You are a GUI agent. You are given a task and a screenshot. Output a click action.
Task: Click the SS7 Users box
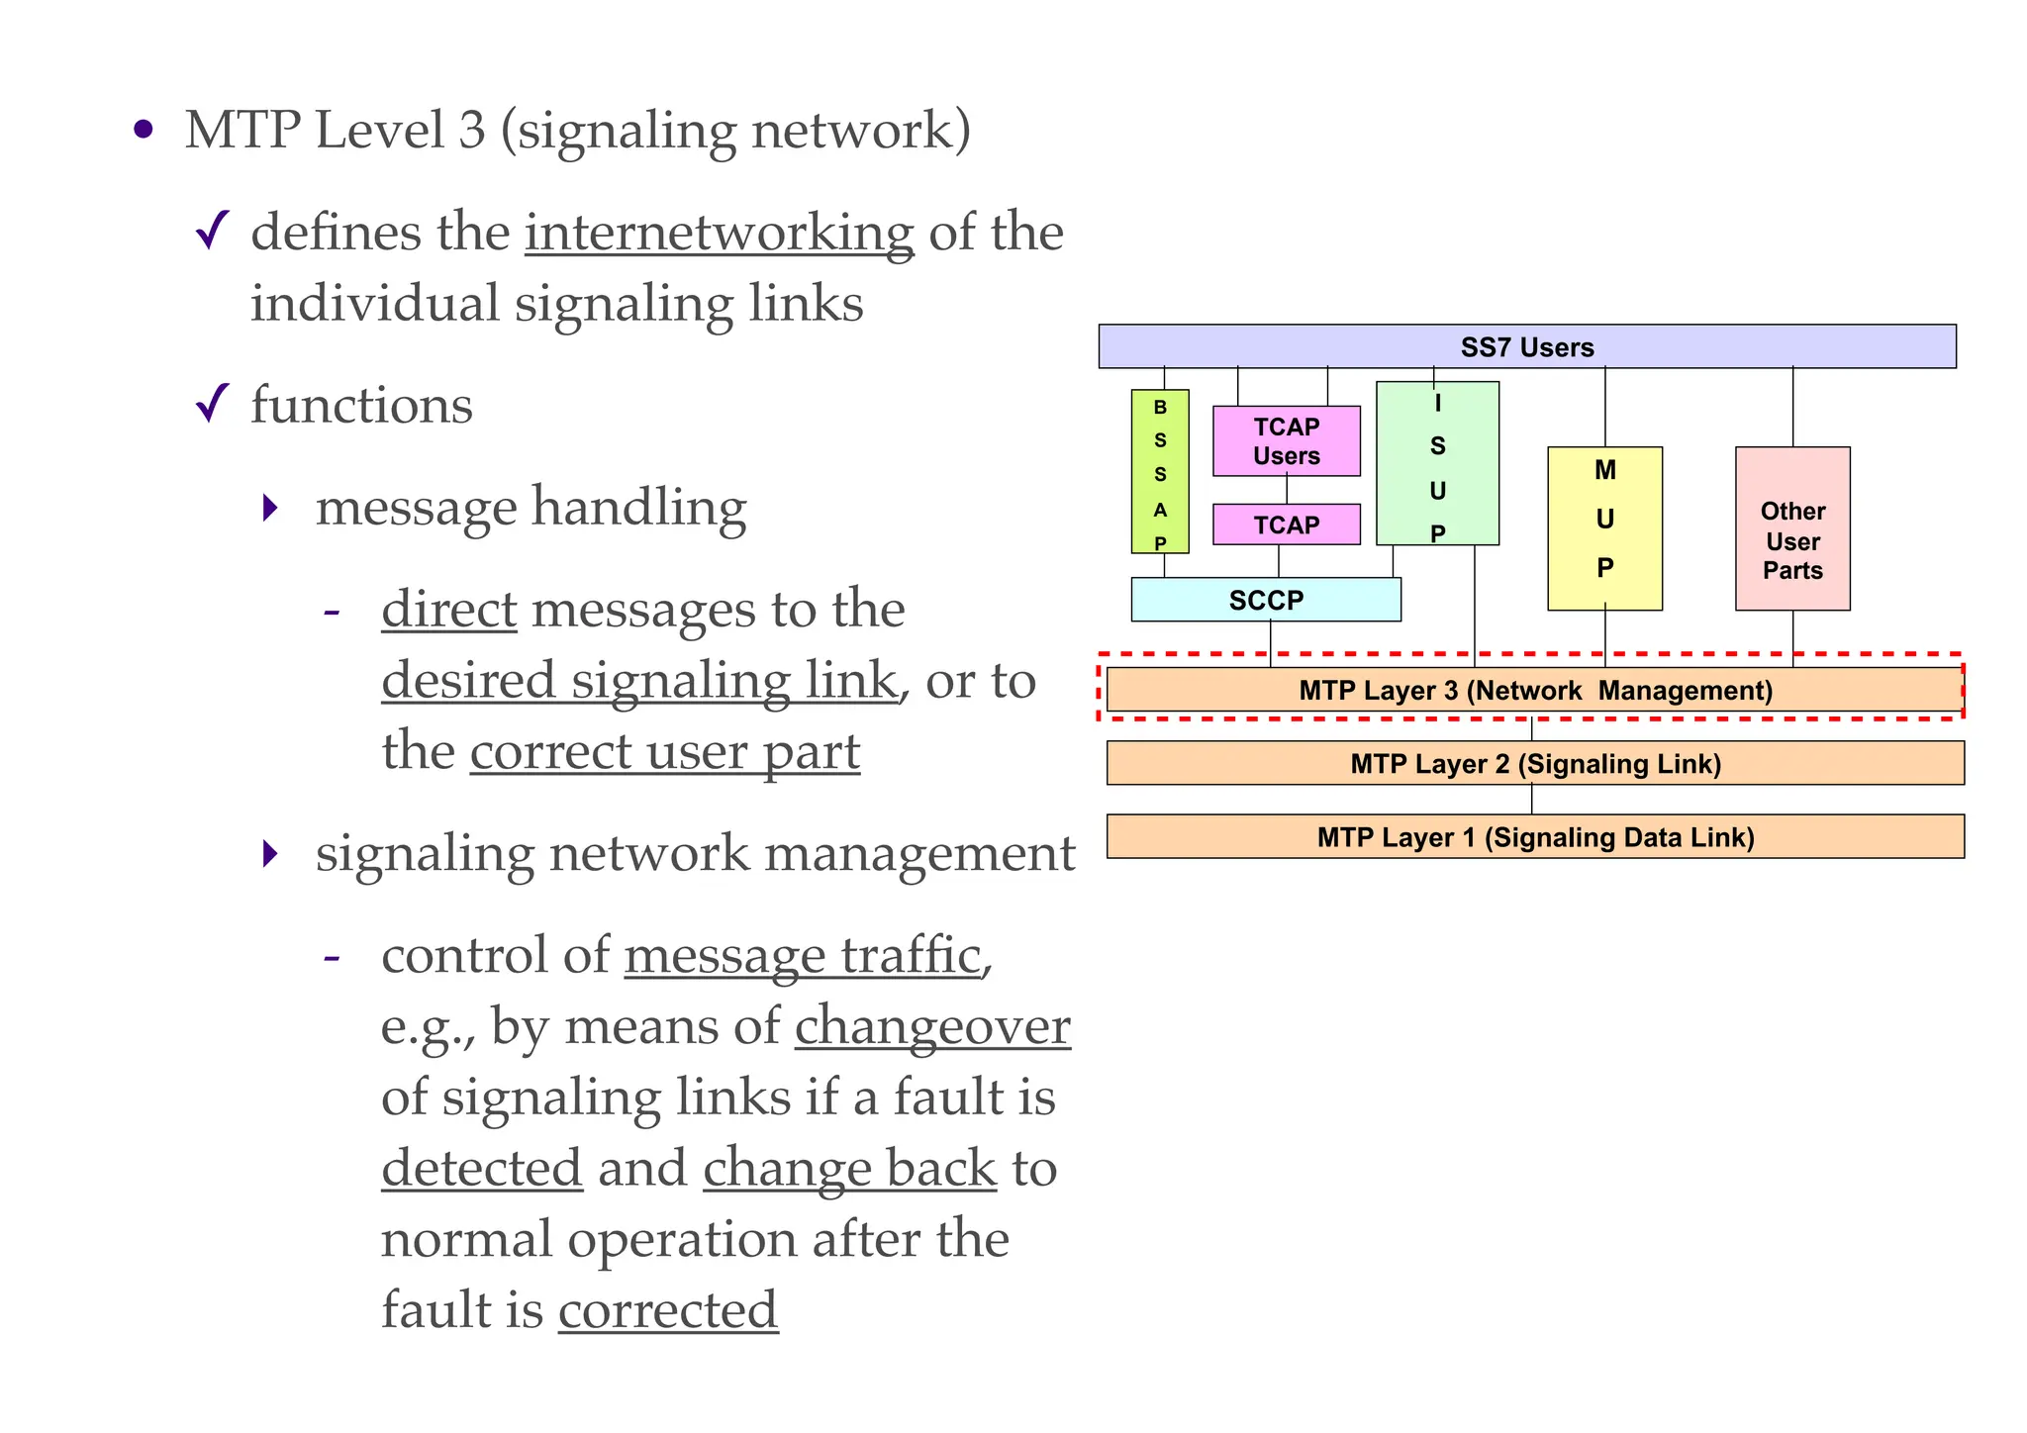tap(1526, 346)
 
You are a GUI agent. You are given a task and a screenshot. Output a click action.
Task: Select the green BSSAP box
tap(1160, 472)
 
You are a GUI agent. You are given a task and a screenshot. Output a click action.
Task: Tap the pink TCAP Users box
tap(1286, 441)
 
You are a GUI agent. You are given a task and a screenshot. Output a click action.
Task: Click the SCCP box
tap(1265, 600)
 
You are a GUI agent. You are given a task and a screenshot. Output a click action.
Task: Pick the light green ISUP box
tap(1437, 464)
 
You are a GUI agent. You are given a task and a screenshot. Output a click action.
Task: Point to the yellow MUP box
tap(1604, 528)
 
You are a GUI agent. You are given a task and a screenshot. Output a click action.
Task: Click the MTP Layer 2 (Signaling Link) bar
tap(1534, 763)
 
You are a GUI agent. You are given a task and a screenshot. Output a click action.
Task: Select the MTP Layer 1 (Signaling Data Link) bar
tap(1534, 837)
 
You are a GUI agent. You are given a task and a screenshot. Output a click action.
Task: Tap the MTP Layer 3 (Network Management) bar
tap(1534, 690)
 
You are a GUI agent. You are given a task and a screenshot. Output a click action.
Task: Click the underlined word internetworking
tap(719, 234)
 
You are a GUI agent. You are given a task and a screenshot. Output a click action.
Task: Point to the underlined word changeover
tap(932, 1026)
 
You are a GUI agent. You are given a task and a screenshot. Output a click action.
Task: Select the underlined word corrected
tap(668, 1310)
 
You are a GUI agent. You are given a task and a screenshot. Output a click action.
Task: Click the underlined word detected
tap(482, 1168)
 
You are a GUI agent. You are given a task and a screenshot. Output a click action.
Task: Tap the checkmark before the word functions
tap(213, 403)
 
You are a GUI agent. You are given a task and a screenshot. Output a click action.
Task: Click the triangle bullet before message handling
tap(270, 509)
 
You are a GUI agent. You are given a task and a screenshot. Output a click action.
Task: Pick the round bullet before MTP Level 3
tap(144, 130)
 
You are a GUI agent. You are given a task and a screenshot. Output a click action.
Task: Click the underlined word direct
tap(449, 610)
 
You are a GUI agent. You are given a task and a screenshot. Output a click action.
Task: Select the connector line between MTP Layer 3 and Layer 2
tap(1531, 729)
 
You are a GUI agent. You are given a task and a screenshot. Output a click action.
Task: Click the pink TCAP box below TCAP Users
tap(1286, 525)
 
